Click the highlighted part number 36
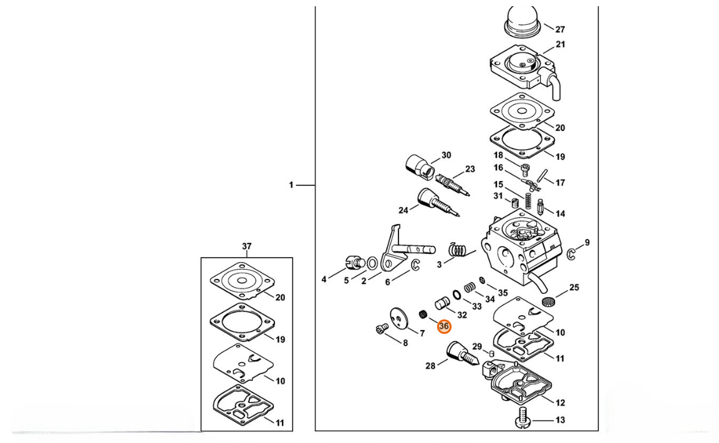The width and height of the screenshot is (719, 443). (x=444, y=326)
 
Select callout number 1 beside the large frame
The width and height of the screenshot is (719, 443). (x=291, y=185)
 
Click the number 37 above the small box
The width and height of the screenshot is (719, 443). (x=247, y=246)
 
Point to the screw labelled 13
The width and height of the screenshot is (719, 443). (x=523, y=418)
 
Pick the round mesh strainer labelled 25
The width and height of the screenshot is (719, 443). (x=548, y=302)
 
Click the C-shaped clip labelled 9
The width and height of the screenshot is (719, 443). (x=572, y=255)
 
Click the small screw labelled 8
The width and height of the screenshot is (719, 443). (x=382, y=328)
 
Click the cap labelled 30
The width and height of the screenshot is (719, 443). (x=420, y=165)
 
